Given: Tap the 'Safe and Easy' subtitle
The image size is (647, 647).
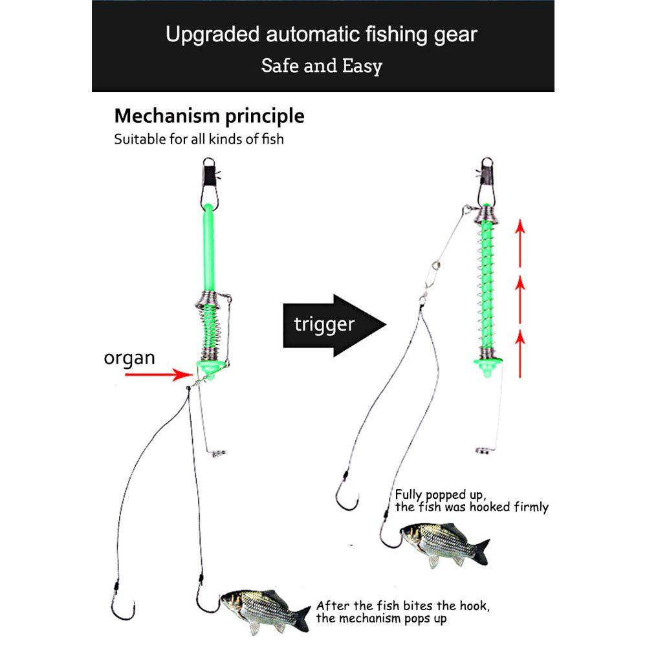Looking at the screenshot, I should coord(322,65).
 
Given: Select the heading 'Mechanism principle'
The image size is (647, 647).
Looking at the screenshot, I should coord(209,116).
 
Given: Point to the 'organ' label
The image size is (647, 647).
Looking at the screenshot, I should coord(129,358).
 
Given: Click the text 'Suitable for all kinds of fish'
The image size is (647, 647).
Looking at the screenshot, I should coord(199,138).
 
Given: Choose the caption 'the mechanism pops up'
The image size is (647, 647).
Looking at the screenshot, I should coord(381,619).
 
